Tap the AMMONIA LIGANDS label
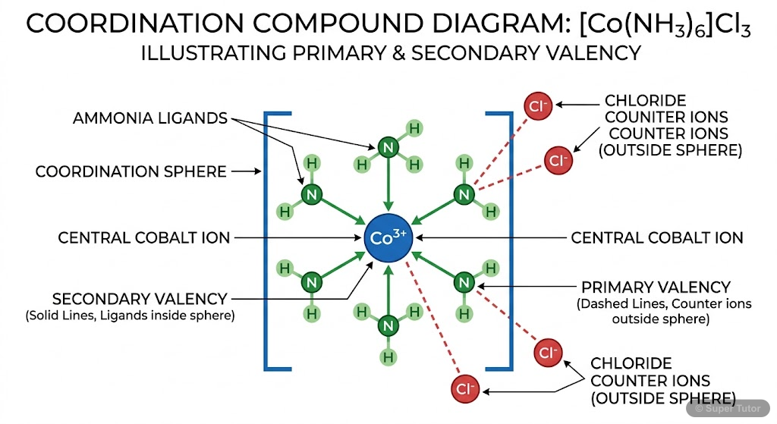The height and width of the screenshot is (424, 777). tap(150, 118)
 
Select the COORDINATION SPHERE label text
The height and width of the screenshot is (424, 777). tap(131, 171)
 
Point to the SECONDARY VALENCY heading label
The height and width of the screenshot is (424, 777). tap(140, 298)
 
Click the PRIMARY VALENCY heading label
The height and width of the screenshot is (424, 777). tap(656, 287)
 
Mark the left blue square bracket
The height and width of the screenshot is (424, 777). tap(267, 241)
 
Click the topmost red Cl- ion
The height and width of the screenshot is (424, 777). tap(539, 106)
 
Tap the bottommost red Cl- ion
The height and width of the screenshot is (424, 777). tap(464, 390)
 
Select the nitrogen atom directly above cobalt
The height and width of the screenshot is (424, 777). tap(388, 147)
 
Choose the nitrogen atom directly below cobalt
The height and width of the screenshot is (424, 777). tap(388, 326)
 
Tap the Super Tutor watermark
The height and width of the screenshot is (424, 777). tap(731, 408)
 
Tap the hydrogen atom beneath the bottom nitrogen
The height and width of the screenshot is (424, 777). tap(388, 356)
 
